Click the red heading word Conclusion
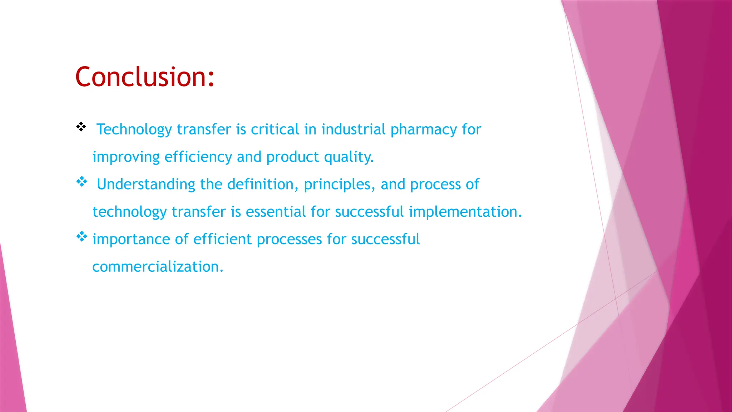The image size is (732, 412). pos(144,77)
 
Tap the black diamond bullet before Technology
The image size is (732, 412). pos(81,127)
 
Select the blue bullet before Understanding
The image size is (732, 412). pos(82,182)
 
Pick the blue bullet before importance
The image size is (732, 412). pos(82,236)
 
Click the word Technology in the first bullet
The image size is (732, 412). pos(134,129)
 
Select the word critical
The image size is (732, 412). pos(274,129)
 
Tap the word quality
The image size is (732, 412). pos(348,157)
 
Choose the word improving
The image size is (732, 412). pos(126,157)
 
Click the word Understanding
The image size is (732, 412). pos(146,185)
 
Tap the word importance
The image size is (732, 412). pos(131,239)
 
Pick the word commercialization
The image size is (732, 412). pos(158,267)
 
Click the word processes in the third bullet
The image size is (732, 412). pos(289,239)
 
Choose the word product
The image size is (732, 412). pos(292,157)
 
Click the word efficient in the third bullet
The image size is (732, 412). pos(222,239)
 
